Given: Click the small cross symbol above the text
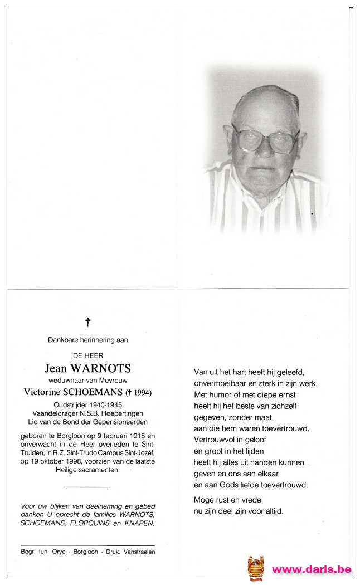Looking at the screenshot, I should click(x=87, y=321).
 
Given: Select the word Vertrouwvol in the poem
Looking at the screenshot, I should click(x=213, y=440).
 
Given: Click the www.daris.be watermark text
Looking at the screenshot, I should click(x=312, y=569).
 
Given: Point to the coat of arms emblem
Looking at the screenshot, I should click(x=256, y=568).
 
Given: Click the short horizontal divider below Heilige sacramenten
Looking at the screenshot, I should click(x=87, y=486).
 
